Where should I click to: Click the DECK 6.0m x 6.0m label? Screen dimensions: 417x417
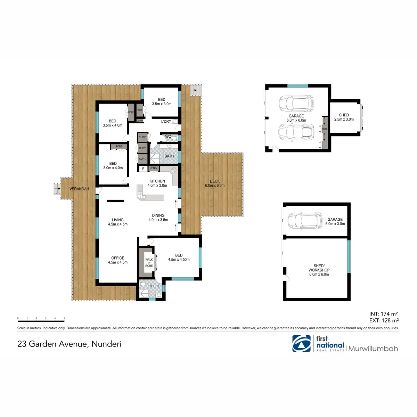click(215, 183)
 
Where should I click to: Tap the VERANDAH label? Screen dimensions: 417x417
click(79, 189)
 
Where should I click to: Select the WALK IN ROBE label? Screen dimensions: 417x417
click(149, 263)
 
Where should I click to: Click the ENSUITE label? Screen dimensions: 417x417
click(154, 286)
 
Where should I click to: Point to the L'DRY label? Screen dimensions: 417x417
click(166, 122)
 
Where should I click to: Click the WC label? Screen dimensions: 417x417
click(168, 137)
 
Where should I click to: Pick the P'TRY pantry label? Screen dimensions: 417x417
click(154, 169)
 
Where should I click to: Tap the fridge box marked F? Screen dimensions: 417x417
click(143, 169)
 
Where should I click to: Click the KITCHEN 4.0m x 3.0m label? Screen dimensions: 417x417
click(157, 183)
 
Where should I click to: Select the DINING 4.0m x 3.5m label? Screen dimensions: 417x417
click(158, 218)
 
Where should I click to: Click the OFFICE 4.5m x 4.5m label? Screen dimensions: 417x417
click(118, 260)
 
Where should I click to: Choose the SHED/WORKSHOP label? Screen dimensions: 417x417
click(319, 270)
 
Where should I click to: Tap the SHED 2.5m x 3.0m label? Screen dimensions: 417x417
click(344, 117)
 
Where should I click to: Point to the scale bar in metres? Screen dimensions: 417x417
click(41, 318)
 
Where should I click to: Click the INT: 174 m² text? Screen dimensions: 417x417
click(384, 314)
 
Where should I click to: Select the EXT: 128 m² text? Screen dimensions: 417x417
click(384, 321)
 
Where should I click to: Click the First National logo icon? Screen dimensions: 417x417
click(302, 343)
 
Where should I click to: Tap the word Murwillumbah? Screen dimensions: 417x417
click(373, 349)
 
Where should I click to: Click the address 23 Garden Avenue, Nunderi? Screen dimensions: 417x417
click(69, 344)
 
